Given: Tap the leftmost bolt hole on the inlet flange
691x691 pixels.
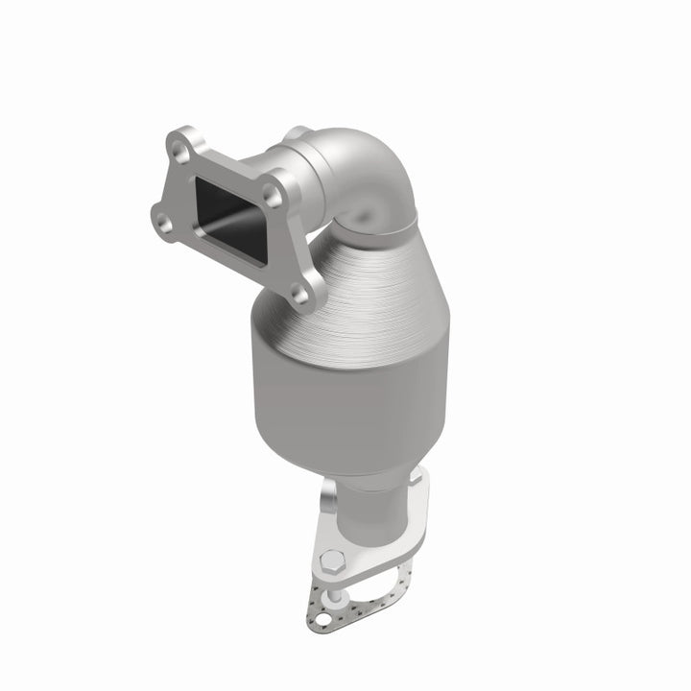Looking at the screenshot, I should pos(163,224).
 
